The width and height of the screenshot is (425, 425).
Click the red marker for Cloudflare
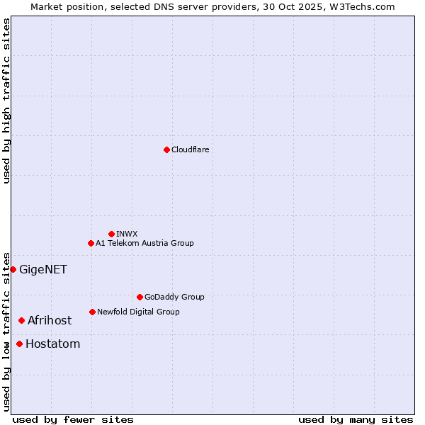pos(166,149)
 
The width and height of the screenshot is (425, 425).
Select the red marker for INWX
pos(111,234)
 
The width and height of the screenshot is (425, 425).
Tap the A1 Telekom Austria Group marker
pos(91,243)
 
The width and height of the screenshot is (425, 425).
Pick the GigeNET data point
pos(13,269)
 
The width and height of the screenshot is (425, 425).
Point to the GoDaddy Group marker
pos(140,297)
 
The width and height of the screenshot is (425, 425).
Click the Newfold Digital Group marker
pos(92,312)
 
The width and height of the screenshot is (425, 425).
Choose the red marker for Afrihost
pos(21,321)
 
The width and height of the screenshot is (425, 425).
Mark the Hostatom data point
pos(19,344)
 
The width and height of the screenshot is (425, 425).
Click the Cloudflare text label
pos(191,149)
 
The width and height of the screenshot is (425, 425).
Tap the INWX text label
pos(127,234)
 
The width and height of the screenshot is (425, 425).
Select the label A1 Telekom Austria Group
pos(144,243)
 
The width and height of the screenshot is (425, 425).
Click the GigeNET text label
pos(43,269)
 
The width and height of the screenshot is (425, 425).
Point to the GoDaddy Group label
pos(174,297)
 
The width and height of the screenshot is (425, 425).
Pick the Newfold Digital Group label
pos(138,312)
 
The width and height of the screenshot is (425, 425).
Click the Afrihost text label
pos(50,321)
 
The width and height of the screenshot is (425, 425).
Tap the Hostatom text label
pos(52,344)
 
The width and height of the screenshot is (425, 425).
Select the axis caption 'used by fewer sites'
pos(73,419)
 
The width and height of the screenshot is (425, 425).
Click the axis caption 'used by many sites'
pos(356,419)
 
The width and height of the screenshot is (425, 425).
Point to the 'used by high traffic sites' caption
pos(6,101)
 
